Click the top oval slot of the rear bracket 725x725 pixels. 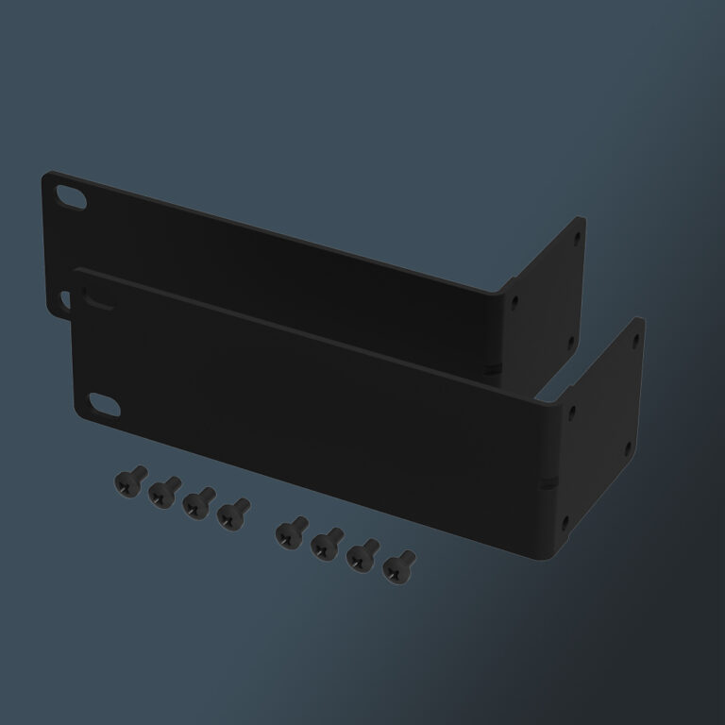70,195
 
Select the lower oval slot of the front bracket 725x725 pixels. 105,405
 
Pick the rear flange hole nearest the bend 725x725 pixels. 514,305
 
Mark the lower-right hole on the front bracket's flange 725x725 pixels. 627,451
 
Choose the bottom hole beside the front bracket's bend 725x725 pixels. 565,520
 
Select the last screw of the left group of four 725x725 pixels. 232,514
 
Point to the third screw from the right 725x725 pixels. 324,542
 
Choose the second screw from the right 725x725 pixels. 362,555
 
